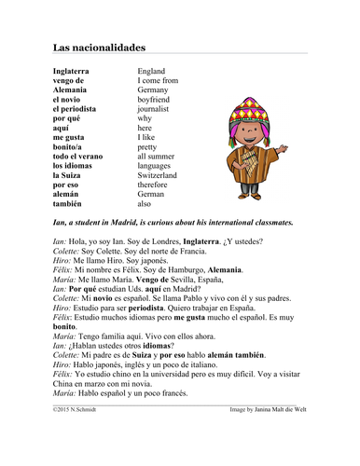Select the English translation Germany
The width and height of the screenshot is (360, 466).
click(154, 90)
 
